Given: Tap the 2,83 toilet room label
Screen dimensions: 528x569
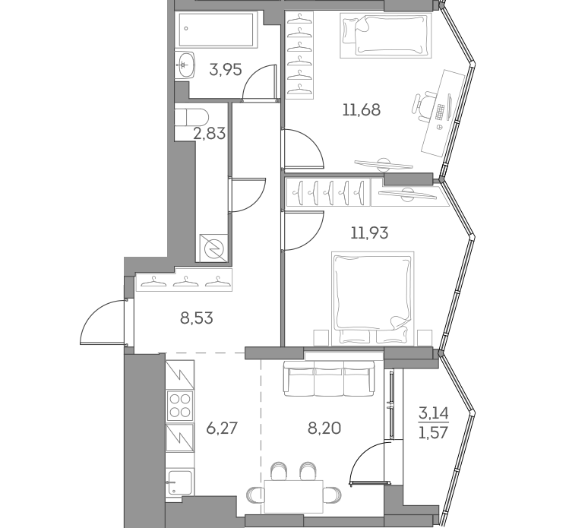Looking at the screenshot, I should pyautogui.click(x=210, y=134).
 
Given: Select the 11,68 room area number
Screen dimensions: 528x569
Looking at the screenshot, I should pyautogui.click(x=360, y=109).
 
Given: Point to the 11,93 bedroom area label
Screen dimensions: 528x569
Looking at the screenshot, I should pyautogui.click(x=369, y=232).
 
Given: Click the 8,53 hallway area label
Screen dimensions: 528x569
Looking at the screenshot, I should pyautogui.click(x=196, y=318).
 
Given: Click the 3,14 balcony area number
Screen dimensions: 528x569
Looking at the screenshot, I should pyautogui.click(x=434, y=414).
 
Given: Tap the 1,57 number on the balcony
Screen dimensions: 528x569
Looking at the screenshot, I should pyautogui.click(x=434, y=432).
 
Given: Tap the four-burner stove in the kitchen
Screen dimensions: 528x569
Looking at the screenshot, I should pyautogui.click(x=180, y=405).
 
